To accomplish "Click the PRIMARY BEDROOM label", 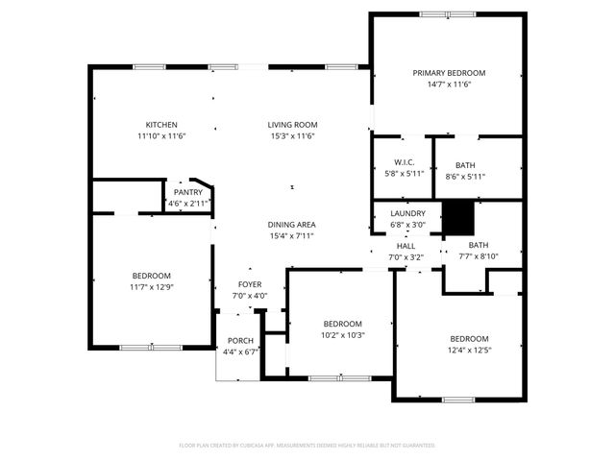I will pos(449,73).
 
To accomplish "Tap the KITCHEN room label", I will pos(161,125).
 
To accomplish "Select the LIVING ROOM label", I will pos(292,125).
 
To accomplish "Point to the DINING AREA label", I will pos(292,224).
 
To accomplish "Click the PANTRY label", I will pos(187,192).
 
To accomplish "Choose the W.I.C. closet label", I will pos(404,162).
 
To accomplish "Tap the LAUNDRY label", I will pos(407,213).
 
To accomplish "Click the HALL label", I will pos(405,246).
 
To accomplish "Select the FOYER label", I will pos(251,285).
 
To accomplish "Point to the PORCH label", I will pos(240,341).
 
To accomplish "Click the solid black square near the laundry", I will pos(458,218).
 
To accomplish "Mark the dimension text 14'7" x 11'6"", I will pos(449,85).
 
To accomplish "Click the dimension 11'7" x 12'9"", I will pos(152,287).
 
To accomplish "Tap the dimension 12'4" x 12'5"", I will pos(470,351).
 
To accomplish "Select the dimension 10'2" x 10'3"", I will pos(342,335).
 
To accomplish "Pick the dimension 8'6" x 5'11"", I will pos(465,175).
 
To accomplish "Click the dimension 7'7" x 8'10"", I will pos(478,256).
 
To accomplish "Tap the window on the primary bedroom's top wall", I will pos(447,13).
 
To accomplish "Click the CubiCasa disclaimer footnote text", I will pos(307,446).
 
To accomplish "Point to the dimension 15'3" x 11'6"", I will pos(292,136).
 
